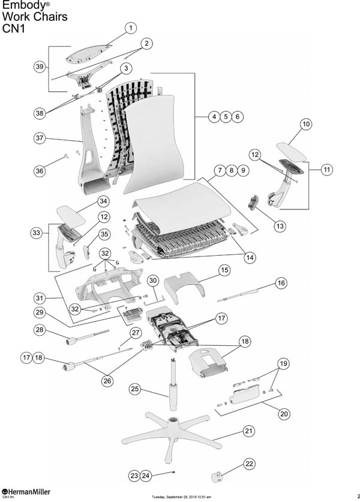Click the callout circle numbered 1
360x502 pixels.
(x=131, y=28)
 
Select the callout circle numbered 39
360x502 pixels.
(x=39, y=67)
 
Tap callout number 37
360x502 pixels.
(x=39, y=138)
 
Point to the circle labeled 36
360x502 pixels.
(x=39, y=171)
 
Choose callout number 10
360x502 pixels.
(x=306, y=124)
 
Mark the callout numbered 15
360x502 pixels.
(x=224, y=270)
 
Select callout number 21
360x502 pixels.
(x=248, y=431)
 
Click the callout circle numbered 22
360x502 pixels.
(x=249, y=464)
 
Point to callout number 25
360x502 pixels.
(x=135, y=390)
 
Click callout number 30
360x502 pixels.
(x=153, y=280)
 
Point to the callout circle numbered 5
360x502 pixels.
(x=226, y=117)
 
